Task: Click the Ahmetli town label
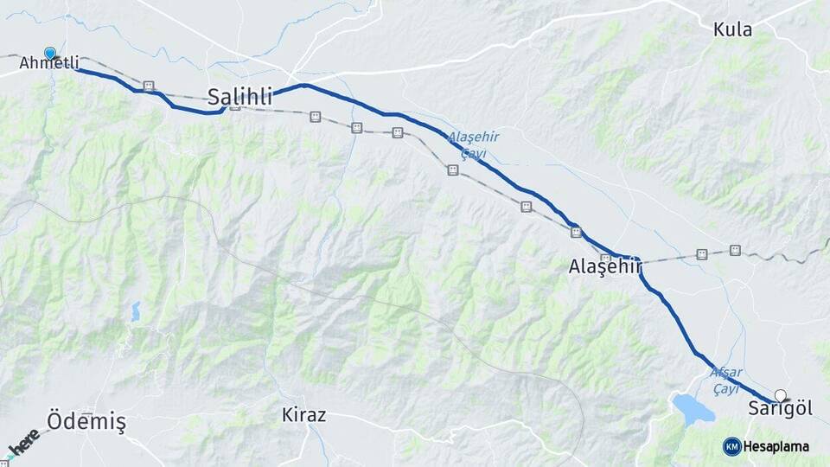click(49, 63)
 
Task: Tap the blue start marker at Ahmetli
click(50, 54)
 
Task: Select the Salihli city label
click(240, 95)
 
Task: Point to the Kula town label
click(732, 30)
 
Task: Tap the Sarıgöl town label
click(781, 410)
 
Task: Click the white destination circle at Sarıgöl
click(780, 395)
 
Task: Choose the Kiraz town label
click(304, 415)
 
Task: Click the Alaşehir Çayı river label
click(473, 145)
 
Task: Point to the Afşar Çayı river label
click(725, 381)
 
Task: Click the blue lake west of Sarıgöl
click(693, 407)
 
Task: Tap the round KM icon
click(731, 446)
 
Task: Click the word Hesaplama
click(776, 446)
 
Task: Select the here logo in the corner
click(23, 443)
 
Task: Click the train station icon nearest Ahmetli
click(149, 86)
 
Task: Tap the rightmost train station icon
click(735, 250)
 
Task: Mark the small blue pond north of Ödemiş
click(136, 311)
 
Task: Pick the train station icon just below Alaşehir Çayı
click(452, 170)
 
